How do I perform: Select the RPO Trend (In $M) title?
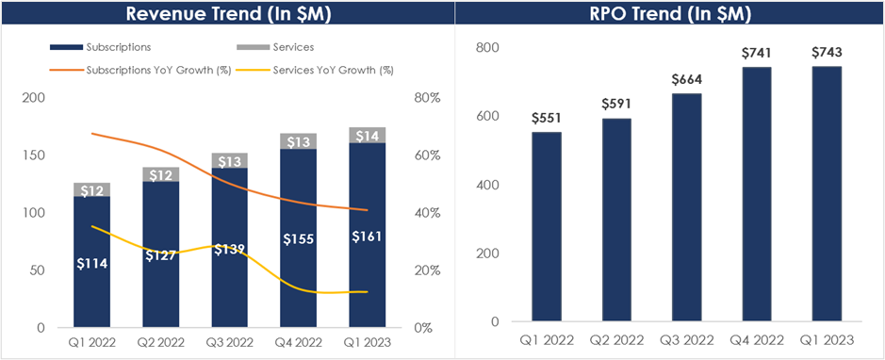(669, 13)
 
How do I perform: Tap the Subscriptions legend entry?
(101, 47)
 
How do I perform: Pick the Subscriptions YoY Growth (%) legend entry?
(140, 71)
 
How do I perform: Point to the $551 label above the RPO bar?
(546, 118)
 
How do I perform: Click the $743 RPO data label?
(827, 53)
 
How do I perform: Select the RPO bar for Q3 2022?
(686, 207)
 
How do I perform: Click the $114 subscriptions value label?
(92, 263)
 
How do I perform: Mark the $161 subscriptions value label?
(368, 237)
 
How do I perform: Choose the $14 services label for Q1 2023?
(368, 136)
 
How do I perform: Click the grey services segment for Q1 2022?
(92, 189)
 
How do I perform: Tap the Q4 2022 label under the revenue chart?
(299, 342)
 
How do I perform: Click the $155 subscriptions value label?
(299, 238)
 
